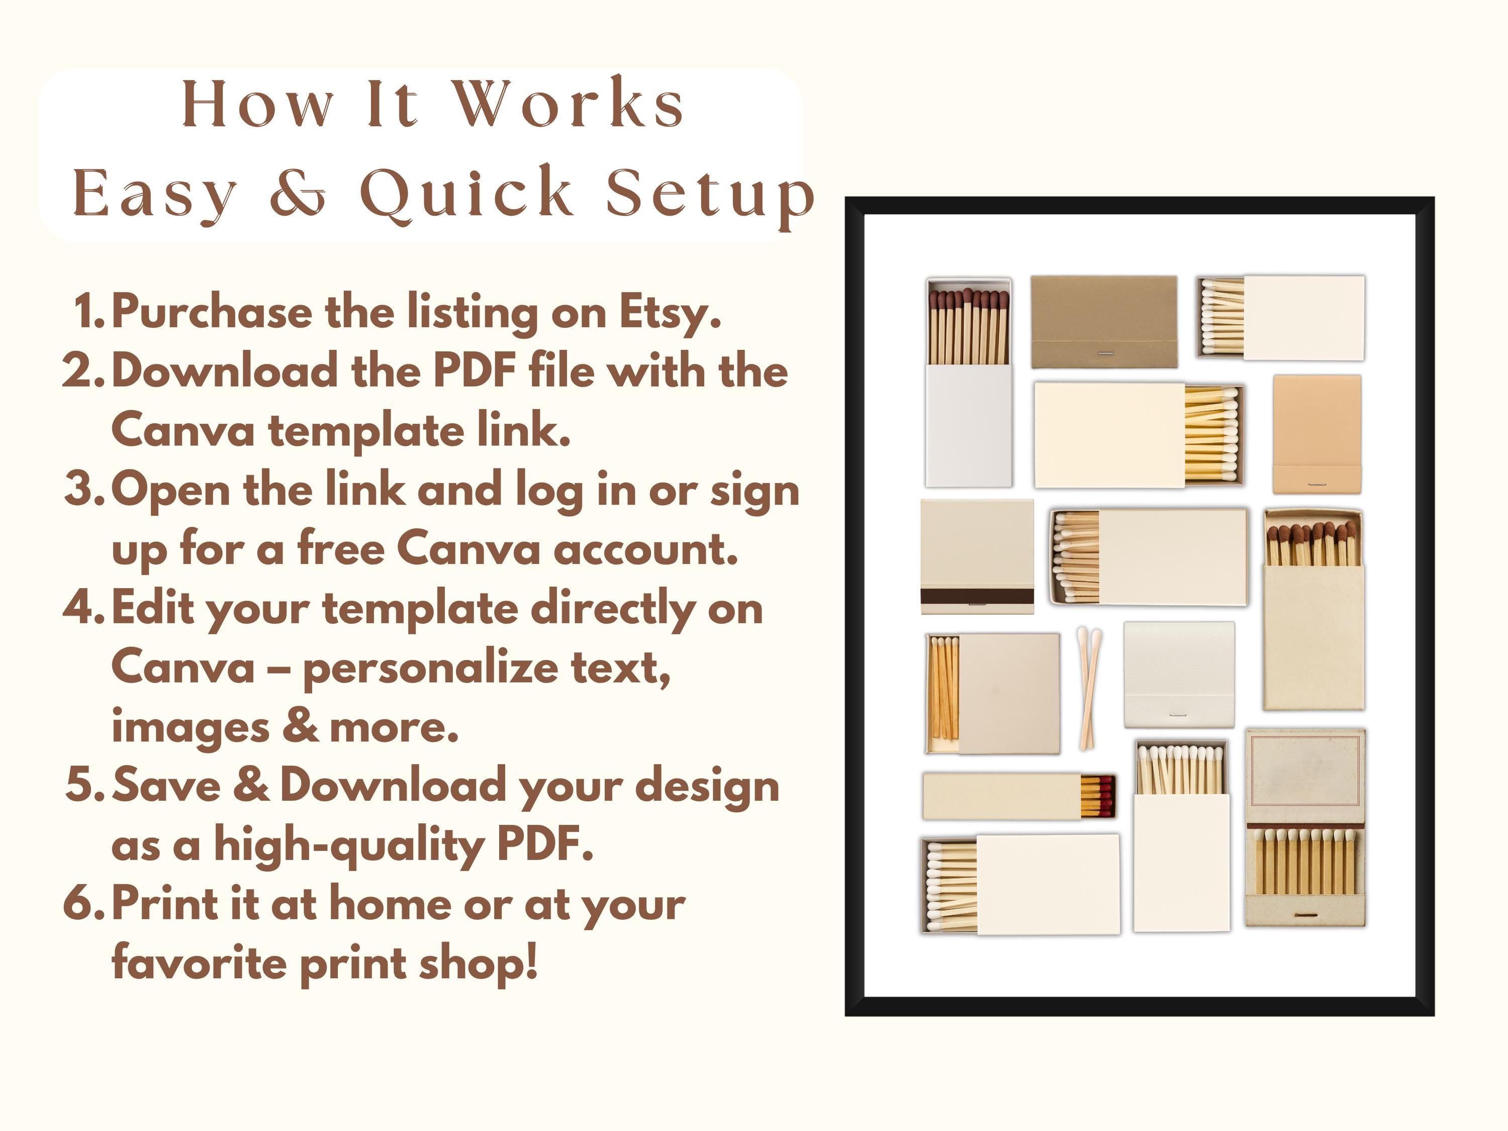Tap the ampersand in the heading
pos(298,194)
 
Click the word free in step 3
pos(340,549)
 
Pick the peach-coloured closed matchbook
pos(1316,433)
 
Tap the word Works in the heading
pos(569,105)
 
